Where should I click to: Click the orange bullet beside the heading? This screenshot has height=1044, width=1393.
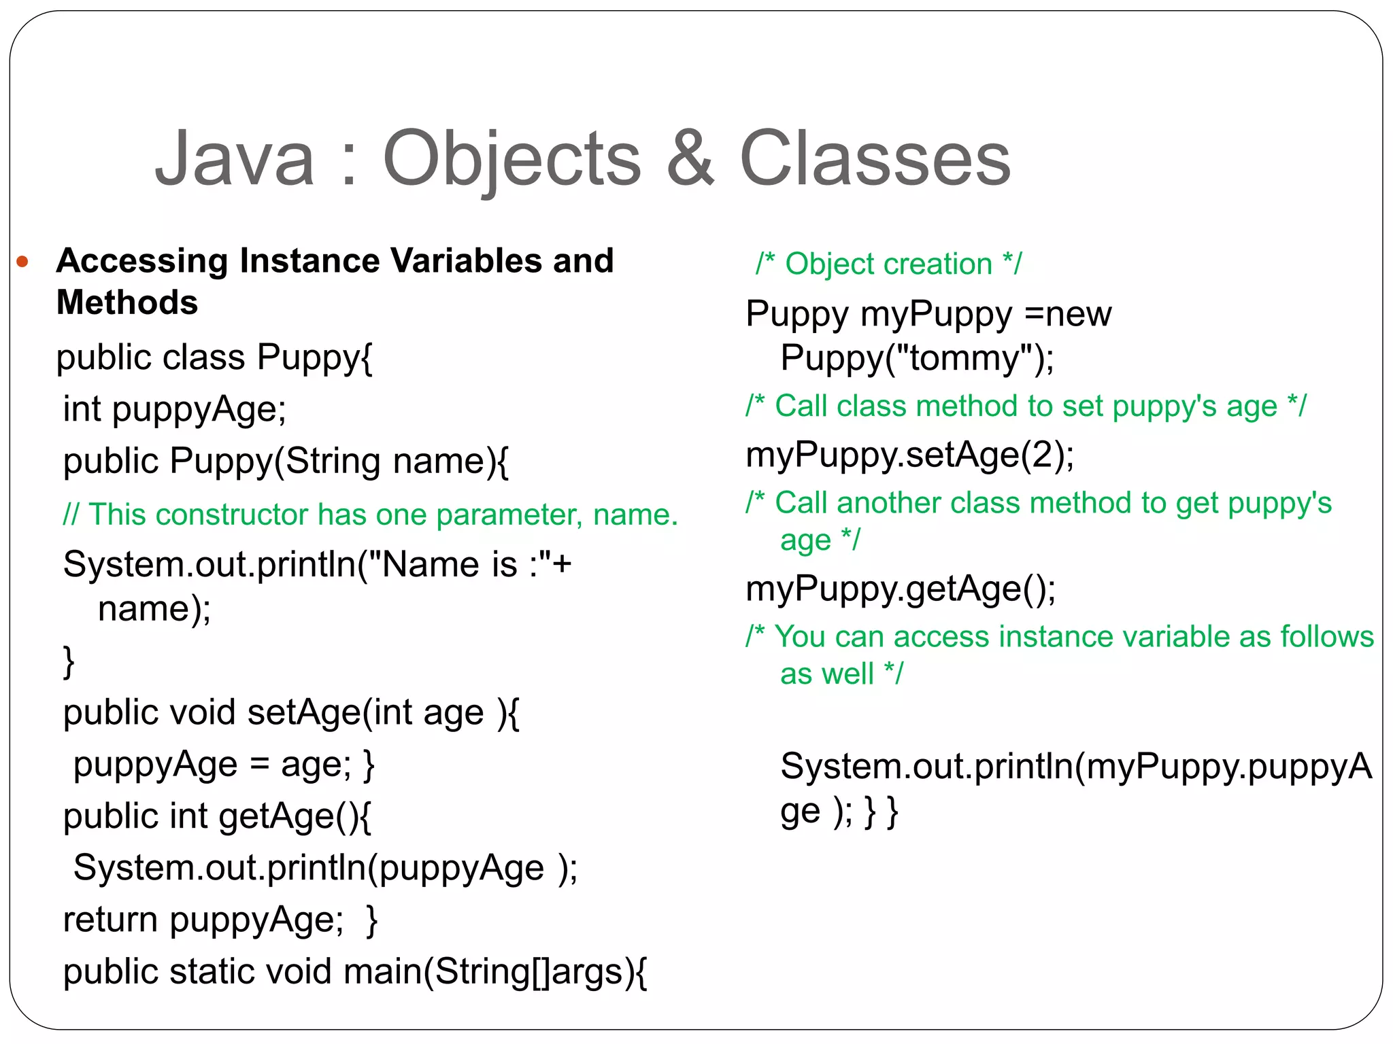tap(22, 262)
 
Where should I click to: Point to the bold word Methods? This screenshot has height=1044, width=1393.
tap(127, 302)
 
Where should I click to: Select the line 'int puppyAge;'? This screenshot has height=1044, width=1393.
tap(175, 410)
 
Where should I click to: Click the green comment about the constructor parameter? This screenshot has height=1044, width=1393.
tap(371, 515)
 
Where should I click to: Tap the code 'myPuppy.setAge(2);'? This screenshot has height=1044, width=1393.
tap(909, 455)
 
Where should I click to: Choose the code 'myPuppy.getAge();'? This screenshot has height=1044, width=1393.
tap(901, 589)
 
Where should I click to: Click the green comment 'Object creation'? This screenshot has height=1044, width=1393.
tap(888, 264)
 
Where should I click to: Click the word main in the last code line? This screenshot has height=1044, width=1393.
tap(382, 971)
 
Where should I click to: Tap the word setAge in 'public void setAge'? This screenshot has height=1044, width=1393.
tap(304, 713)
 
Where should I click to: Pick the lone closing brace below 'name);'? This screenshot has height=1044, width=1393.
tap(69, 661)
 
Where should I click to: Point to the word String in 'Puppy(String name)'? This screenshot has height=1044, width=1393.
tap(333, 462)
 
